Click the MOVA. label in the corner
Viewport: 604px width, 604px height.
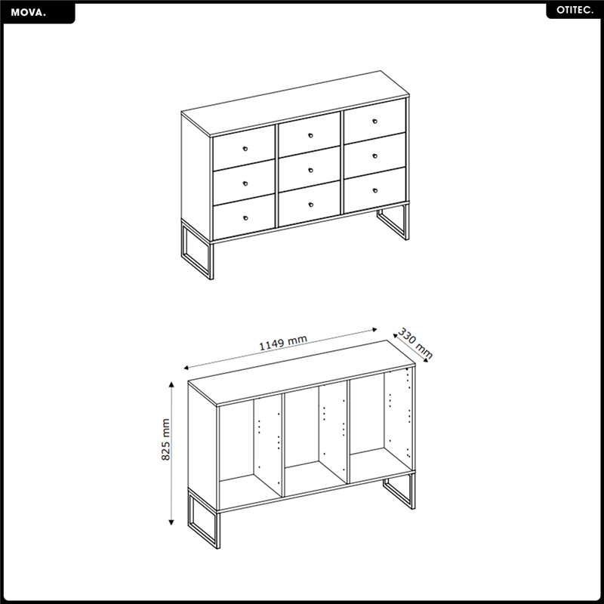click(x=28, y=13)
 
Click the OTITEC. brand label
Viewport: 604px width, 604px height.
click(x=575, y=11)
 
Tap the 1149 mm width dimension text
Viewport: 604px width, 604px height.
click(x=282, y=343)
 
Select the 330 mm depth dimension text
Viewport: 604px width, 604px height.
click(x=415, y=344)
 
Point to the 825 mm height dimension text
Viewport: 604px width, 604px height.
click(x=165, y=439)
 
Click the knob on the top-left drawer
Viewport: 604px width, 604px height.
click(x=245, y=149)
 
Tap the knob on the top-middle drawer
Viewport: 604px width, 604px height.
click(x=310, y=136)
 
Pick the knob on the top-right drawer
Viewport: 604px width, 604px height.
click(x=375, y=122)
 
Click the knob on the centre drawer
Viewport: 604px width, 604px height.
click(x=310, y=170)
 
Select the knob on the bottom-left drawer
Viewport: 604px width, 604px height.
click(x=245, y=218)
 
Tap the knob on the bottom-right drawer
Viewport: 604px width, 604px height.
click(x=375, y=190)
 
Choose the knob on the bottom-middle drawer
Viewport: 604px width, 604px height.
click(x=310, y=205)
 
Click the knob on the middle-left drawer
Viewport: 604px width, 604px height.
click(x=245, y=183)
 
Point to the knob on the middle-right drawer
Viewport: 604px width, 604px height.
click(x=375, y=156)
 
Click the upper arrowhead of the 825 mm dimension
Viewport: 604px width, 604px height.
click(x=171, y=384)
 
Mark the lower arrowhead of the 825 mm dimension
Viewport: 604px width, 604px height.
click(x=171, y=522)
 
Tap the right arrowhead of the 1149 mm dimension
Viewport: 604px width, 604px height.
click(x=374, y=330)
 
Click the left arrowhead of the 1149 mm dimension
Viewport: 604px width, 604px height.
click(x=186, y=368)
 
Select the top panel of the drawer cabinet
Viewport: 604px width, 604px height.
click(x=295, y=103)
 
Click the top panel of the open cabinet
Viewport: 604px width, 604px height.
click(x=301, y=372)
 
